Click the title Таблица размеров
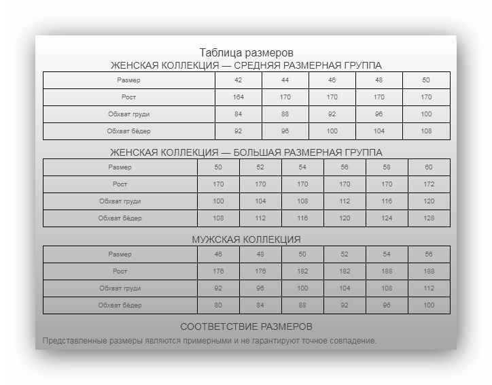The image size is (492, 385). pyautogui.click(x=246, y=52)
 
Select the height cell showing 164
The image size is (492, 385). pyautogui.click(x=238, y=97)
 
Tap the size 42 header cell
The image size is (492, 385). pyautogui.click(x=238, y=80)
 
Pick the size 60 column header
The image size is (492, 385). pyautogui.click(x=429, y=167)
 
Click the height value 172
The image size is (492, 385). pyautogui.click(x=429, y=184)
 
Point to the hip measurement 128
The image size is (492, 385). pyautogui.click(x=429, y=218)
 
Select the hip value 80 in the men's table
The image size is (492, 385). pyautogui.click(x=218, y=305)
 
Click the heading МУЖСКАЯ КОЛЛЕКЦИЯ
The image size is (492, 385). pyautogui.click(x=246, y=239)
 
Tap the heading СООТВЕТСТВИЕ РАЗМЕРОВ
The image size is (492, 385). pyautogui.click(x=246, y=327)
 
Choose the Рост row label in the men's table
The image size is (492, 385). pyautogui.click(x=120, y=271)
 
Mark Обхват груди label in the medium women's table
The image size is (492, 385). pyautogui.click(x=128, y=114)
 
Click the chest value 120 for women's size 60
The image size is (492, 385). pyautogui.click(x=429, y=201)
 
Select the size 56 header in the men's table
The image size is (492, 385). pyautogui.click(x=429, y=254)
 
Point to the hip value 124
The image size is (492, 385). pyautogui.click(x=387, y=218)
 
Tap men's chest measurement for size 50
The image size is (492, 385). pyautogui.click(x=302, y=288)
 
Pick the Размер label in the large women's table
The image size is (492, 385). pyautogui.click(x=120, y=167)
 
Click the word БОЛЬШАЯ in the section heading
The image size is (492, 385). pyautogui.click(x=260, y=152)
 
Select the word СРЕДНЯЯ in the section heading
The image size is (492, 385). pyautogui.click(x=259, y=65)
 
